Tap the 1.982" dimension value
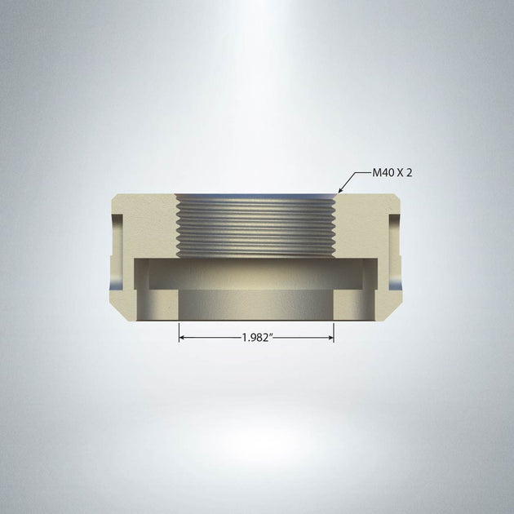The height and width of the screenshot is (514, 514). (256, 336)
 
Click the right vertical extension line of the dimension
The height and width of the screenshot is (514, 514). (334, 331)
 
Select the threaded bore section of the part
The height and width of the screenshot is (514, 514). (256, 224)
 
